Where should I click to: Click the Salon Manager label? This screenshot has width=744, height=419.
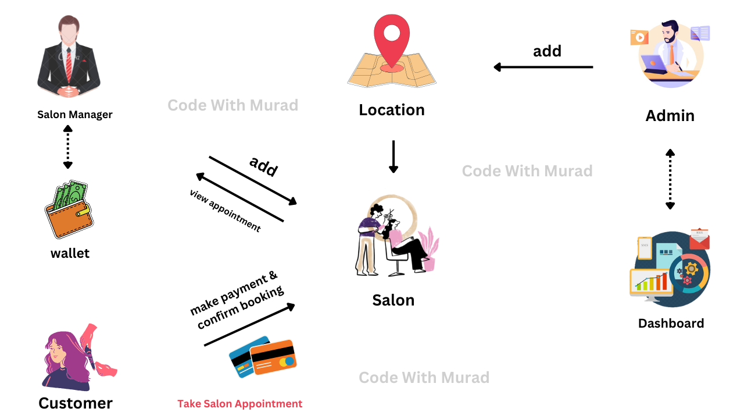(75, 115)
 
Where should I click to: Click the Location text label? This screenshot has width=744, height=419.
(392, 110)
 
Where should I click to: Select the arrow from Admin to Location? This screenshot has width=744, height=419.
(543, 67)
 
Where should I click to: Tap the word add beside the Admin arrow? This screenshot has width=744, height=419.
(547, 51)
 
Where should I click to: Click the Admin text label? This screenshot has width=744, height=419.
(670, 115)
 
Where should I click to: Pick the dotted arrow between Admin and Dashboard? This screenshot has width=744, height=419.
(670, 179)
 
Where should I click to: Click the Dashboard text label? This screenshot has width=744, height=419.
(671, 324)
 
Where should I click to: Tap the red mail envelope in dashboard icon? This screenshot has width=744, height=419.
(699, 239)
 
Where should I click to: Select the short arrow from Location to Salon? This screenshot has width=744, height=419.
(394, 156)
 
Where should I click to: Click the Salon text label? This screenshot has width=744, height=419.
(394, 300)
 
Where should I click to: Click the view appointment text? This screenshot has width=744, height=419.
(225, 211)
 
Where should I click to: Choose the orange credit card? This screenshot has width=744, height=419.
(273, 357)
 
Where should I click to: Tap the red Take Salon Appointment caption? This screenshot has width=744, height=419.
(240, 404)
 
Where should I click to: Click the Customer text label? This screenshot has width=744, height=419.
(76, 403)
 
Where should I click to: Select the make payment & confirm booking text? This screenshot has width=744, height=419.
(237, 300)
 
